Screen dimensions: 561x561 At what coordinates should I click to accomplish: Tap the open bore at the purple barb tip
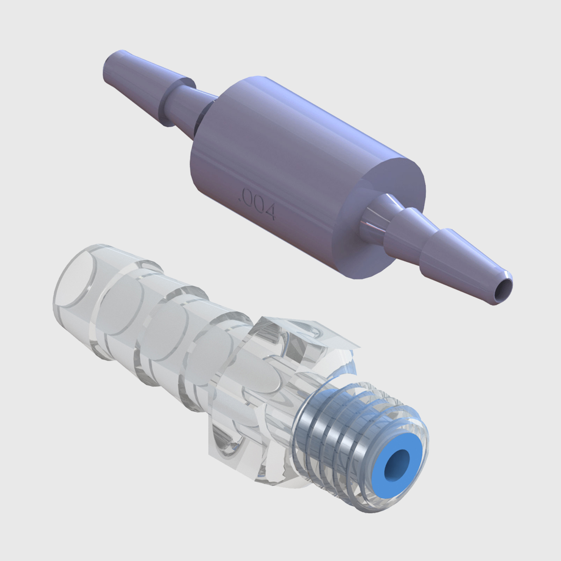(x=502, y=290)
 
